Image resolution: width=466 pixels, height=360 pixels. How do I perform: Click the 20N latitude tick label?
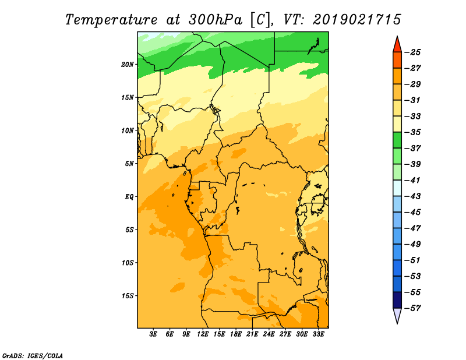pyautogui.click(x=128, y=65)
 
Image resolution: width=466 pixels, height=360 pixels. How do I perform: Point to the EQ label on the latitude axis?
pyautogui.click(x=129, y=197)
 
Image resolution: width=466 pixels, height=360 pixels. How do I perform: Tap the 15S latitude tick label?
pyautogui.click(x=128, y=296)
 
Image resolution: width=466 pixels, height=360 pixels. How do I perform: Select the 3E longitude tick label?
pyautogui.click(x=153, y=334)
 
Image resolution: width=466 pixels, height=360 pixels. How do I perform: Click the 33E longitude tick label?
pyautogui.click(x=318, y=334)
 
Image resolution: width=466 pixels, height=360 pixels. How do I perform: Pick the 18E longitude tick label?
pyautogui.click(x=236, y=334)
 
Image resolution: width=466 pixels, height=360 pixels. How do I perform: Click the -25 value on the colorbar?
pyautogui.click(x=413, y=52)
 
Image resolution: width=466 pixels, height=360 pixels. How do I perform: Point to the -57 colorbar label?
pyautogui.click(x=413, y=308)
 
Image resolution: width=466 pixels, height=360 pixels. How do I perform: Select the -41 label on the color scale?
pyautogui.click(x=413, y=181)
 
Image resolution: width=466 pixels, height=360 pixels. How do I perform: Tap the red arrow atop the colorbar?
pyautogui.click(x=397, y=45)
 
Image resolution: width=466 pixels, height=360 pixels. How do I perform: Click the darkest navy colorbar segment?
pyautogui.click(x=397, y=300)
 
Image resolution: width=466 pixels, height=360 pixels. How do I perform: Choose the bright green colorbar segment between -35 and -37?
pyautogui.click(x=397, y=140)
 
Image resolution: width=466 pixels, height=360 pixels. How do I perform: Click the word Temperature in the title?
pyautogui.click(x=111, y=20)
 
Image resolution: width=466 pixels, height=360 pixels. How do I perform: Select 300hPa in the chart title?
pyautogui.click(x=215, y=20)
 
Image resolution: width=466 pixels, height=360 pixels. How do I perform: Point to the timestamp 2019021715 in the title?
pyautogui.click(x=357, y=20)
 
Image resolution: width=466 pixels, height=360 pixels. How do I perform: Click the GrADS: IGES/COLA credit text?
pyautogui.click(x=33, y=356)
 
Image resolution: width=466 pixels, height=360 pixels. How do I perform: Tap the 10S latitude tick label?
pyautogui.click(x=128, y=263)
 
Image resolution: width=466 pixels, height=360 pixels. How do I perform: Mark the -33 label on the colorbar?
pyautogui.click(x=413, y=117)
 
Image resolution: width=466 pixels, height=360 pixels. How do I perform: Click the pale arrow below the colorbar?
pyautogui.click(x=397, y=316)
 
